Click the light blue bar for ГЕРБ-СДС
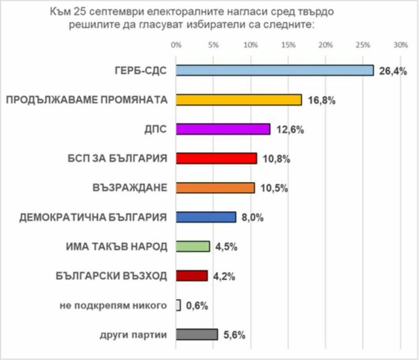pyautogui.click(x=274, y=70)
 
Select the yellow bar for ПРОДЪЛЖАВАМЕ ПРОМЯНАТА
pyautogui.click(x=239, y=99)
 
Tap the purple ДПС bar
pyautogui.click(x=223, y=129)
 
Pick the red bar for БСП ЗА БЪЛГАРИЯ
pyautogui.click(x=216, y=158)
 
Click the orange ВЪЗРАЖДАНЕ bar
pyautogui.click(x=215, y=188)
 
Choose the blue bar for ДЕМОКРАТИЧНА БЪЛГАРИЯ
pyautogui.click(x=206, y=217)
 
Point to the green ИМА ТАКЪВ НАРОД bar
pyautogui.click(x=193, y=246)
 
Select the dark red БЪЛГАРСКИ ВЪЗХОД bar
pyautogui.click(x=192, y=276)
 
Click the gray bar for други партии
pyautogui.click(x=197, y=334)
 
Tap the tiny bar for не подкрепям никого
pyautogui.click(x=178, y=305)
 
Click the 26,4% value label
pyautogui.click(x=393, y=70)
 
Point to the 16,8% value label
pyautogui.click(x=321, y=100)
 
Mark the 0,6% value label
pyautogui.click(x=197, y=305)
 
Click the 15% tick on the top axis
pyautogui.click(x=288, y=45)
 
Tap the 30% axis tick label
pyautogui.click(x=400, y=45)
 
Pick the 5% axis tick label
pyautogui.click(x=213, y=45)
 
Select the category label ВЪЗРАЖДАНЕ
pyautogui.click(x=130, y=188)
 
